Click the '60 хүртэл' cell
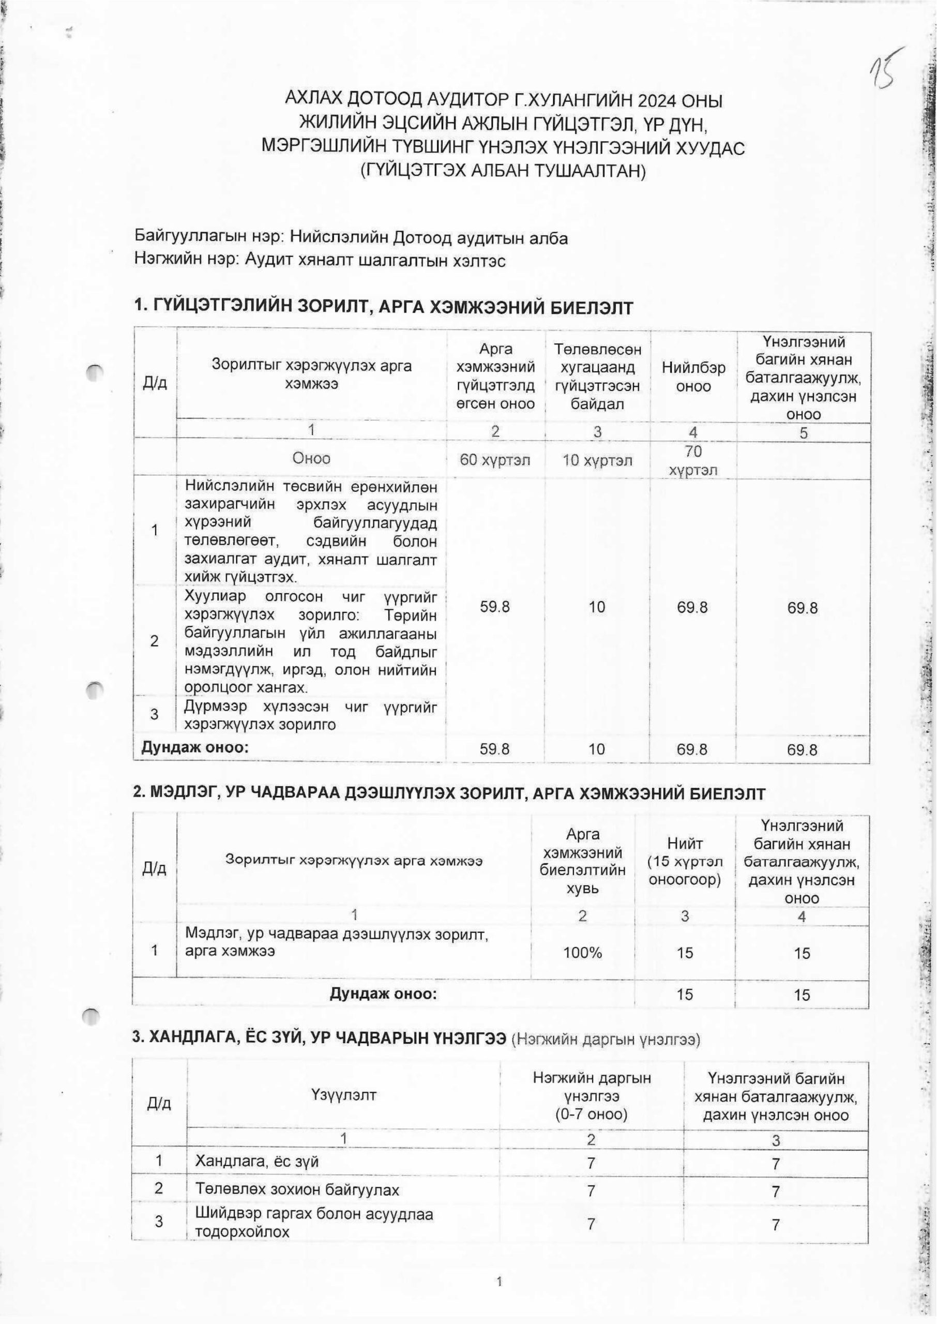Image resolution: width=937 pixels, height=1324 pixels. (x=494, y=460)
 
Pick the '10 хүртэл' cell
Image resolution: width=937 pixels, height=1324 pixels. (x=597, y=460)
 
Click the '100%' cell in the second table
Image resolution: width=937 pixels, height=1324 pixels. (x=583, y=953)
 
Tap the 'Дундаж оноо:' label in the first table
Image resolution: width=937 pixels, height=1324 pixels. (x=195, y=748)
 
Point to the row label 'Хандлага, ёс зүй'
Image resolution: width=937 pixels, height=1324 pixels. (x=257, y=1161)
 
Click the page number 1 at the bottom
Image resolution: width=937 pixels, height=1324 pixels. (x=499, y=1283)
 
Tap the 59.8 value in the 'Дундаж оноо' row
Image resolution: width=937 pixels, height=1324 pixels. (x=494, y=749)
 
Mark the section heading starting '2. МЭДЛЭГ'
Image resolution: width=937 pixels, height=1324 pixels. (x=449, y=794)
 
